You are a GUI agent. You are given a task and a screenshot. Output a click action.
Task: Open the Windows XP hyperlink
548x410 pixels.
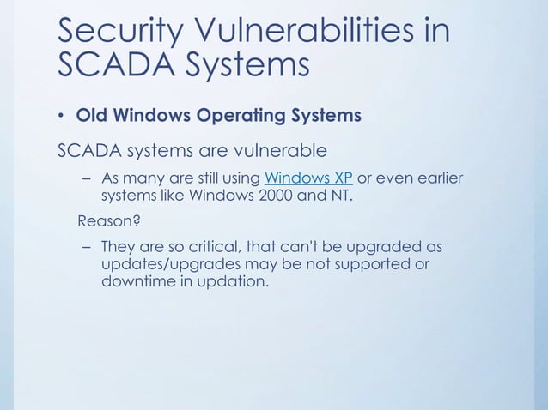click(308, 178)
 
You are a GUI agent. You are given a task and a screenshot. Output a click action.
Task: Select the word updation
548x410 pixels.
click(231, 282)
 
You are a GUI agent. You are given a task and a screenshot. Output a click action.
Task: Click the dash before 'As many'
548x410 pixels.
click(87, 178)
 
